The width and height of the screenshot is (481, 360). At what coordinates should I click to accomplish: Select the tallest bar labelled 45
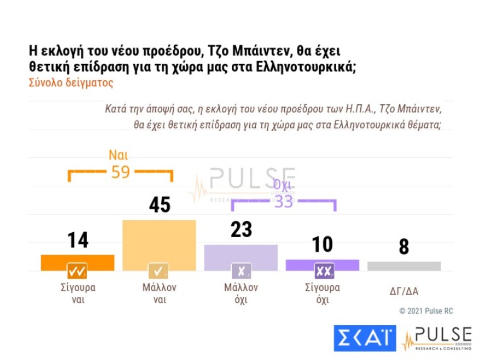[x=159, y=240]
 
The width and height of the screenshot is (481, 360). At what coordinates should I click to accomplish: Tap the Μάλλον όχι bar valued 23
[x=241, y=254]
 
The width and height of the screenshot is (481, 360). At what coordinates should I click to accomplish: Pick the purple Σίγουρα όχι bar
[x=322, y=263]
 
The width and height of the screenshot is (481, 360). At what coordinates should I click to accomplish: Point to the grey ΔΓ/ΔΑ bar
[x=404, y=266]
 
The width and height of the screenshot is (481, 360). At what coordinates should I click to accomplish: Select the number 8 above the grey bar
[x=404, y=247]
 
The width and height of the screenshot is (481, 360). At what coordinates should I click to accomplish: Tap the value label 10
[x=322, y=244]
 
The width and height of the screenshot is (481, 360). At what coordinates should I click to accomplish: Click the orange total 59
[x=120, y=172]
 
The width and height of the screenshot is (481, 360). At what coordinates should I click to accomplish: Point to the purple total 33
[x=284, y=202]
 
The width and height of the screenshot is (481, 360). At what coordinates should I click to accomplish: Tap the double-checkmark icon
[x=77, y=271]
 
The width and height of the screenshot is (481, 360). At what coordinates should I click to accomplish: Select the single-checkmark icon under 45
[x=159, y=271]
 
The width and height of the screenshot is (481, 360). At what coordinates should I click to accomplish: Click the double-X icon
[x=322, y=271]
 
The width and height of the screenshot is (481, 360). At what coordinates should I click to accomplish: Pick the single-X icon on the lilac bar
[x=241, y=271]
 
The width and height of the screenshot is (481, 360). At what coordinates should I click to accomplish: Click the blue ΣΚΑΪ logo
[x=365, y=338]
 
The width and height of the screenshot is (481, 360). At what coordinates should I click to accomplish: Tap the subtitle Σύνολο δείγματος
[x=71, y=84]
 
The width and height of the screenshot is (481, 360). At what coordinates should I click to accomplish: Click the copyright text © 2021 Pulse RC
[x=426, y=311]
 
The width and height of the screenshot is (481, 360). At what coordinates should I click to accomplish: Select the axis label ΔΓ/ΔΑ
[x=404, y=291]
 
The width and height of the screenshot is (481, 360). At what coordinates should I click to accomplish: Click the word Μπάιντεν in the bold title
[x=259, y=51]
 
